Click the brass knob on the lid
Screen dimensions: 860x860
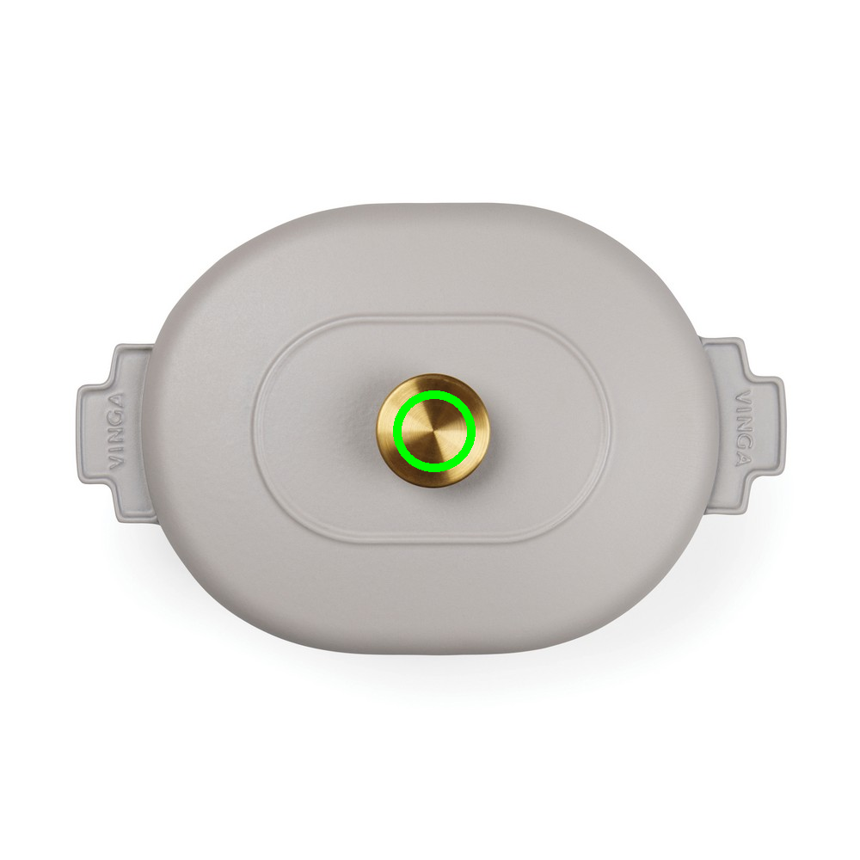[x=433, y=431]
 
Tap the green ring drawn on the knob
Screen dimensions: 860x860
[x=433, y=392]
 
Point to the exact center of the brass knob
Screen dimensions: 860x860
[x=433, y=431]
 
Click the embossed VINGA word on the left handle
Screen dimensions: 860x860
[x=116, y=431]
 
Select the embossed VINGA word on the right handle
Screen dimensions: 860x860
[x=743, y=427]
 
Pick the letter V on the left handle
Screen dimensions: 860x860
[x=116, y=462]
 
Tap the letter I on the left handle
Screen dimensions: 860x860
[x=116, y=449]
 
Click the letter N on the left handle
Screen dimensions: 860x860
[x=116, y=437]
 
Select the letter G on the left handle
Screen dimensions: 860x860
[x=116, y=419]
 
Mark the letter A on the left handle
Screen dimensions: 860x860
[x=116, y=401]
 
